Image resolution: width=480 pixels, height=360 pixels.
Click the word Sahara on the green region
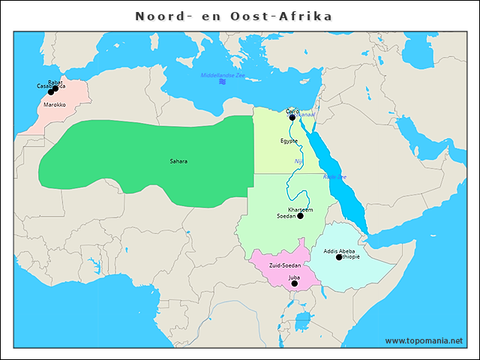(x=178, y=161)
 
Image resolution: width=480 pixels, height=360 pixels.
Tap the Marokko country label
(x=55, y=105)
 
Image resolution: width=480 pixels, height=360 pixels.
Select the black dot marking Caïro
(x=292, y=117)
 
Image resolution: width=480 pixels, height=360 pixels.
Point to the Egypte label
(x=289, y=141)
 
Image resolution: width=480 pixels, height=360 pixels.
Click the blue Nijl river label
(x=298, y=161)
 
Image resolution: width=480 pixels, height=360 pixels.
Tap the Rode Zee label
(x=334, y=177)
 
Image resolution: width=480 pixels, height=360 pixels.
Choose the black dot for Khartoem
(x=300, y=216)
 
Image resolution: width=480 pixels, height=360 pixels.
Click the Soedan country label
(x=286, y=216)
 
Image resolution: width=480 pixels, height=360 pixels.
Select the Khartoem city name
(x=301, y=209)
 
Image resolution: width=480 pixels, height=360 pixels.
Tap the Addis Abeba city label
(x=339, y=250)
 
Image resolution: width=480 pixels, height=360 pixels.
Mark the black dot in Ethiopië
(x=338, y=257)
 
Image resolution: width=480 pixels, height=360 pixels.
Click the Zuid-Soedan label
(x=284, y=266)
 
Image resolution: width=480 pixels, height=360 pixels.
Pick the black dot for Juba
(x=294, y=283)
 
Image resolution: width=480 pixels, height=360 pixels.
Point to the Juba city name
(x=294, y=277)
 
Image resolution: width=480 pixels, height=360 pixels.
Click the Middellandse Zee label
(x=223, y=75)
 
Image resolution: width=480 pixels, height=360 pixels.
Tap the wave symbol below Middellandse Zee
(x=222, y=82)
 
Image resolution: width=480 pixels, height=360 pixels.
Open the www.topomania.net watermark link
(x=424, y=340)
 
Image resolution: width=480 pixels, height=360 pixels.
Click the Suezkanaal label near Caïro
(x=307, y=114)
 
